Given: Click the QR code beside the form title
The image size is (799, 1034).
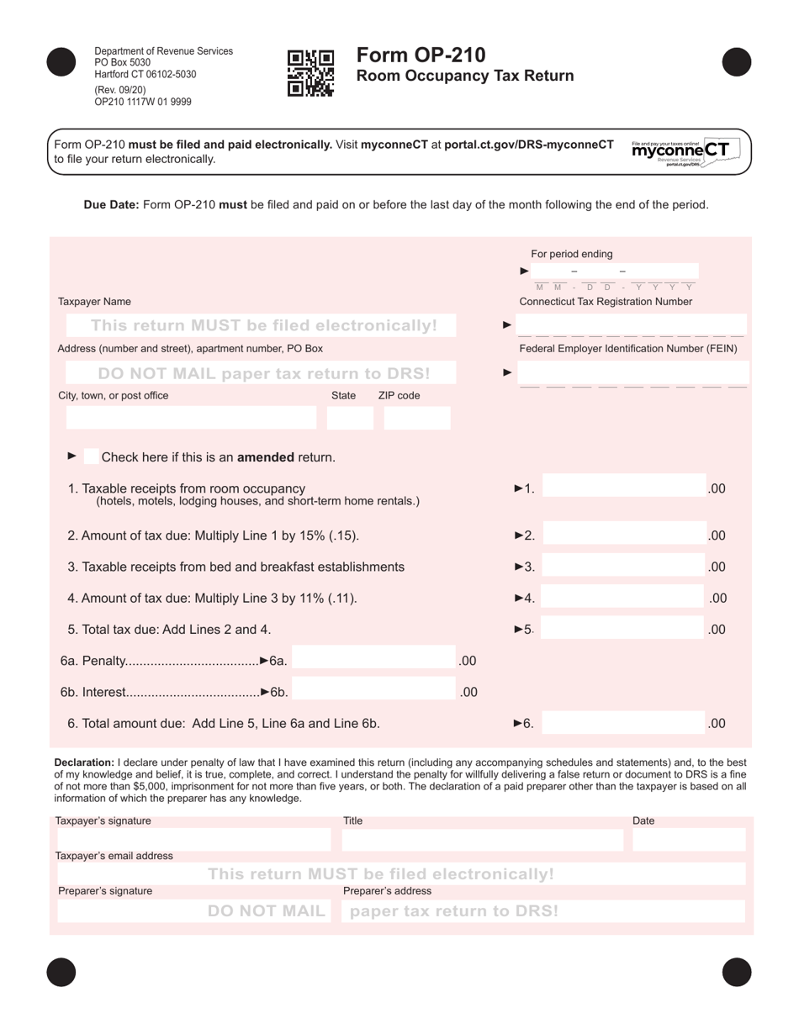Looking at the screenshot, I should click(310, 74).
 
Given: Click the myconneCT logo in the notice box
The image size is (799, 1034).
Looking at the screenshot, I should click(679, 151).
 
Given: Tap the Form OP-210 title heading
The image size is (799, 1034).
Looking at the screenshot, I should click(421, 55).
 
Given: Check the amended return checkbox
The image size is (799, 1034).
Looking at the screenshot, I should click(91, 456).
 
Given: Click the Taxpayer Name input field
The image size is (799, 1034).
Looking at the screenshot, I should click(261, 325).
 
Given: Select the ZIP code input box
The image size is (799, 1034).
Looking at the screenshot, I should click(417, 418).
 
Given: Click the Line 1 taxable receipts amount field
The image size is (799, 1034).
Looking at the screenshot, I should click(623, 488).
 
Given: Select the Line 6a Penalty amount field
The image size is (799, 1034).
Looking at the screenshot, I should click(374, 661).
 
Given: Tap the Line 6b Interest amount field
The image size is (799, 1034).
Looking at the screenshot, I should click(374, 692).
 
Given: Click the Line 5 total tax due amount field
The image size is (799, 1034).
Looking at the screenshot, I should click(623, 628).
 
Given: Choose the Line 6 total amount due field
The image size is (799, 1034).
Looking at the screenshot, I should click(623, 722).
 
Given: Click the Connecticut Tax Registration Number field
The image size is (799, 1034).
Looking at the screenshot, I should click(631, 324).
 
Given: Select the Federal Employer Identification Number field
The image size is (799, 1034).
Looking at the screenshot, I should click(631, 372).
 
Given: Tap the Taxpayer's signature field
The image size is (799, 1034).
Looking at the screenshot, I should click(193, 839).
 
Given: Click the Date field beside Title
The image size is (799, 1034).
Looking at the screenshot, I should click(688, 839).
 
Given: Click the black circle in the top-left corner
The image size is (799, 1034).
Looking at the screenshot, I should click(61, 62).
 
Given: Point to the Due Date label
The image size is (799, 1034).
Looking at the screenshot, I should click(111, 204).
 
